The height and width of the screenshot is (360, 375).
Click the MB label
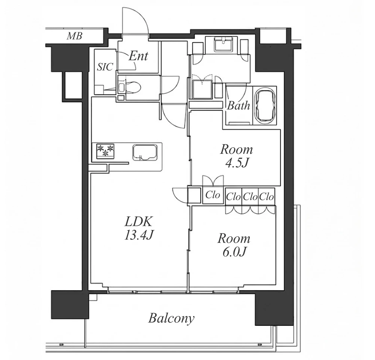click(75, 36)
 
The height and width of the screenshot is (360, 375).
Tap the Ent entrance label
click(139, 56)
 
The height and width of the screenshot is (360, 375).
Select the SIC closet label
click(105, 67)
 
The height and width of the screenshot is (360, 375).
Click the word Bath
click(239, 106)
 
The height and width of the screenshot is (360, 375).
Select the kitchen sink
click(145, 152)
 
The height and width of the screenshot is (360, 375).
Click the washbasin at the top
click(224, 44)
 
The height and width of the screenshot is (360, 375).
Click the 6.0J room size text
click(234, 252)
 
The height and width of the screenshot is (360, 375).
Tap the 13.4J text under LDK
click(139, 235)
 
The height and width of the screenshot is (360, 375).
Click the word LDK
click(139, 222)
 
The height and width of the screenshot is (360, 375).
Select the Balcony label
click(171, 319)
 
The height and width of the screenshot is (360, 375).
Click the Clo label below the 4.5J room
click(213, 195)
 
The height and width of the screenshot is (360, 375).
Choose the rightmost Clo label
click(266, 197)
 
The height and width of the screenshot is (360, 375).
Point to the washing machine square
click(202, 89)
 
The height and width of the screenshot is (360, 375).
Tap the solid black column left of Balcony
click(70, 304)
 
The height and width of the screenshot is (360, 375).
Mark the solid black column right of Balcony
click(274, 309)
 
